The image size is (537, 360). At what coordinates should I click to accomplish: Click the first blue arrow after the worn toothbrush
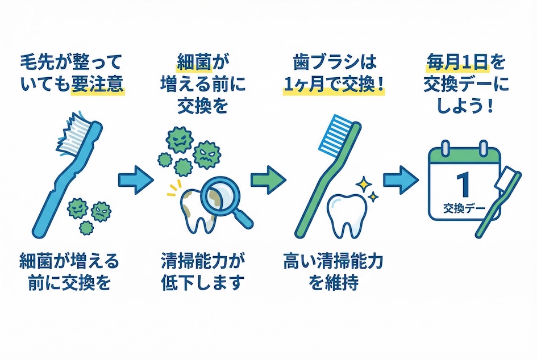click(x=135, y=181)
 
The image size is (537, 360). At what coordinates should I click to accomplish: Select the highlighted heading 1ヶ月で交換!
click(x=334, y=86)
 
